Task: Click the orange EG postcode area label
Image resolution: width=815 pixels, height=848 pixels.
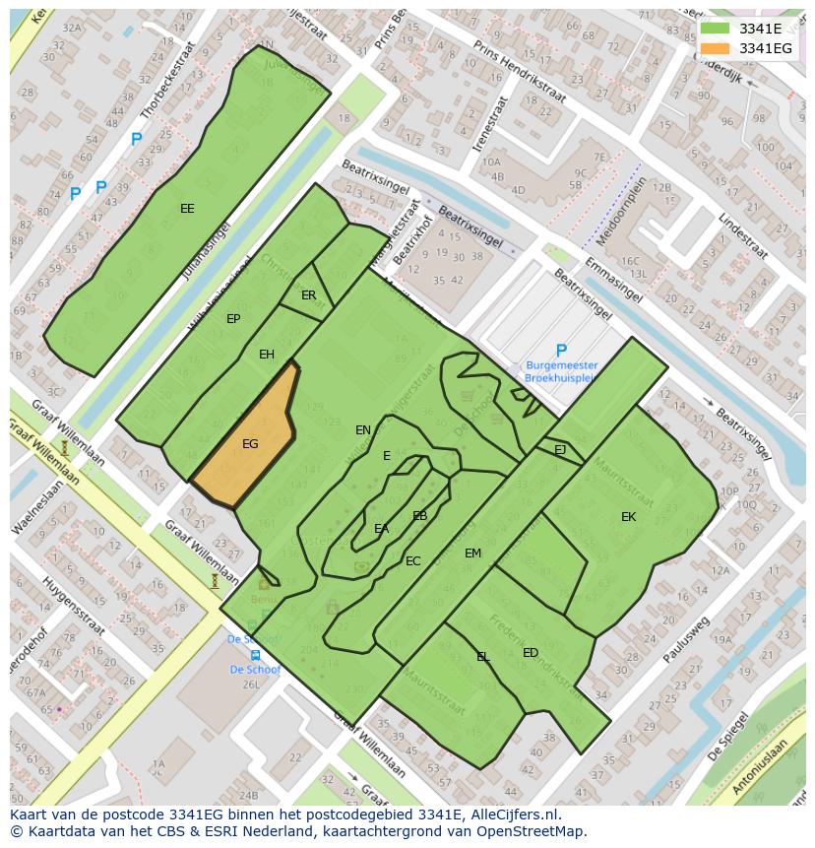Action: [250, 444]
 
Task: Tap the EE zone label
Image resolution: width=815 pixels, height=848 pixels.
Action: [187, 209]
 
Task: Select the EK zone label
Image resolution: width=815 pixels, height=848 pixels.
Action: [628, 517]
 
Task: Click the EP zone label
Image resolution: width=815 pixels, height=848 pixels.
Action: [233, 319]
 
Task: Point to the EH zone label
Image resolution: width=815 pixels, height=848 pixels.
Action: [267, 355]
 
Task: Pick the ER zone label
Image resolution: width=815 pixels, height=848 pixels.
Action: [309, 295]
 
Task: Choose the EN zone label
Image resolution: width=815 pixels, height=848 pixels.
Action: [363, 430]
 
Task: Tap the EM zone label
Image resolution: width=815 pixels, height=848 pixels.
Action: [472, 554]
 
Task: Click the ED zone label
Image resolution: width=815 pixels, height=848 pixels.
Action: [531, 653]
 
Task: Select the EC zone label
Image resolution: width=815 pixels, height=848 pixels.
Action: [413, 561]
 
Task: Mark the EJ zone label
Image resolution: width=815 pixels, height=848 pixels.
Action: [560, 449]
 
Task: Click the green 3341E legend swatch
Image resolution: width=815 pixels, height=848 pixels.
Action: [716, 30]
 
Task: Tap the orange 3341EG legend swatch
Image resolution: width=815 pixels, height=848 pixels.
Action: [716, 48]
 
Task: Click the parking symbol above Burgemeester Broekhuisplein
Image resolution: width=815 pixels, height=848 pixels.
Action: [561, 351]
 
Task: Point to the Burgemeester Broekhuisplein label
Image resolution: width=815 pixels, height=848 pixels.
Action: [561, 371]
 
